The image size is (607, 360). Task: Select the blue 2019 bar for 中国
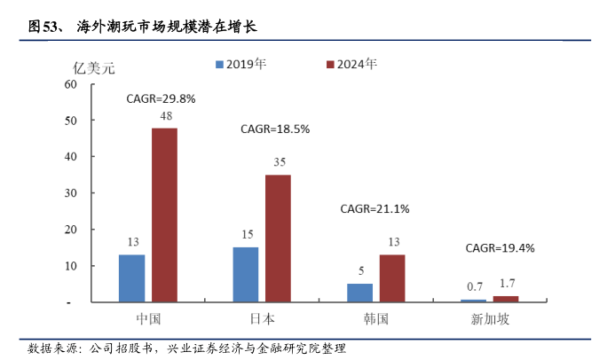pos(131,278)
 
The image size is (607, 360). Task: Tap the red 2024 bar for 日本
pos(278,239)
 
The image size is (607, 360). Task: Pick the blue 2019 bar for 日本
pos(246,275)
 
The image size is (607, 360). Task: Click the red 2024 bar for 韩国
pos(392,278)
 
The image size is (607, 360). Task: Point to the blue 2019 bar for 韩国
pos(360,293)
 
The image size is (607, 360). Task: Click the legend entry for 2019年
pos(240,65)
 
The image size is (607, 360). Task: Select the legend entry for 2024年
pos(352,65)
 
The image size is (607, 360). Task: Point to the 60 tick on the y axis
pos(71,84)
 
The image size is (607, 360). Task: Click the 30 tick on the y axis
pos(71,193)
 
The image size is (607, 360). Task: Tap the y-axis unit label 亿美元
pos(93,66)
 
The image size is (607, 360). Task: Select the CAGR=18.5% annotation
pos(275,129)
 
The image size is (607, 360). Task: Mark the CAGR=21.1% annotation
pos(375,209)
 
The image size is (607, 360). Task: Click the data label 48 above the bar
pos(165,116)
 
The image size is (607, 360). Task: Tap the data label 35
pos(279,161)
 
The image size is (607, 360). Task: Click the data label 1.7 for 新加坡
pos(506,284)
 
